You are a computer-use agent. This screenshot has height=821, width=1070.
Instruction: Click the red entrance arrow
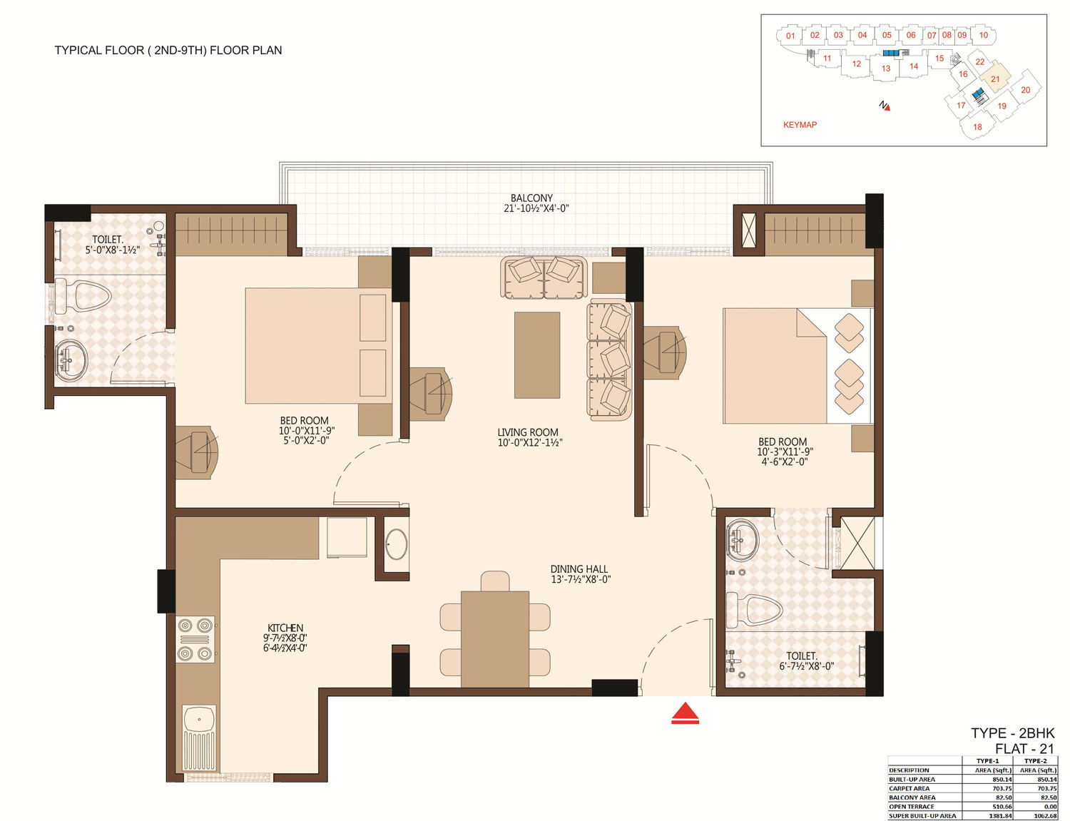click(685, 713)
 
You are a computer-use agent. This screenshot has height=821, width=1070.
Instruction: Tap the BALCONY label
click(531, 198)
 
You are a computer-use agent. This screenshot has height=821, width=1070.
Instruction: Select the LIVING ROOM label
click(528, 432)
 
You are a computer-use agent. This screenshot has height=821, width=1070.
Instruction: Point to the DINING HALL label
click(579, 569)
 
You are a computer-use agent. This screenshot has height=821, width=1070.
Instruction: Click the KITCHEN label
click(285, 628)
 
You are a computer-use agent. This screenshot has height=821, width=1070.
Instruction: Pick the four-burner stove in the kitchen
click(195, 639)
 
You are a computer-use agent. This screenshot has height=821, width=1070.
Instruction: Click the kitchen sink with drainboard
click(199, 738)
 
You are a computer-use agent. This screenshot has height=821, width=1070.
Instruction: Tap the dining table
click(495, 639)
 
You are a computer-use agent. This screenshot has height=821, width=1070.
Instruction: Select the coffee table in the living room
click(536, 355)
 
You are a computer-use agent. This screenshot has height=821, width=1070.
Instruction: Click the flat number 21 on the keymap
click(995, 79)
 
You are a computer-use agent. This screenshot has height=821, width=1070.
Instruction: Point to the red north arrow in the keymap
click(887, 107)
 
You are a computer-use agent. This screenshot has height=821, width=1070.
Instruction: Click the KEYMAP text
click(800, 125)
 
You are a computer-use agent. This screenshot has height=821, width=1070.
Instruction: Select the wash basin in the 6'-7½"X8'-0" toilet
click(742, 539)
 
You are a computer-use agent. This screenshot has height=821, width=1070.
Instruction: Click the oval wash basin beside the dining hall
click(396, 544)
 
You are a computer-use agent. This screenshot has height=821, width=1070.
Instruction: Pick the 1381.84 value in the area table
click(1001, 816)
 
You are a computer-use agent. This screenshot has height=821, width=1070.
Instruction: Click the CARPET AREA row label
click(909, 788)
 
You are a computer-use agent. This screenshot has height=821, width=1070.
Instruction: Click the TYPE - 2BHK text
click(1012, 733)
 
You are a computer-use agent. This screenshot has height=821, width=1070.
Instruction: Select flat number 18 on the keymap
click(977, 127)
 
